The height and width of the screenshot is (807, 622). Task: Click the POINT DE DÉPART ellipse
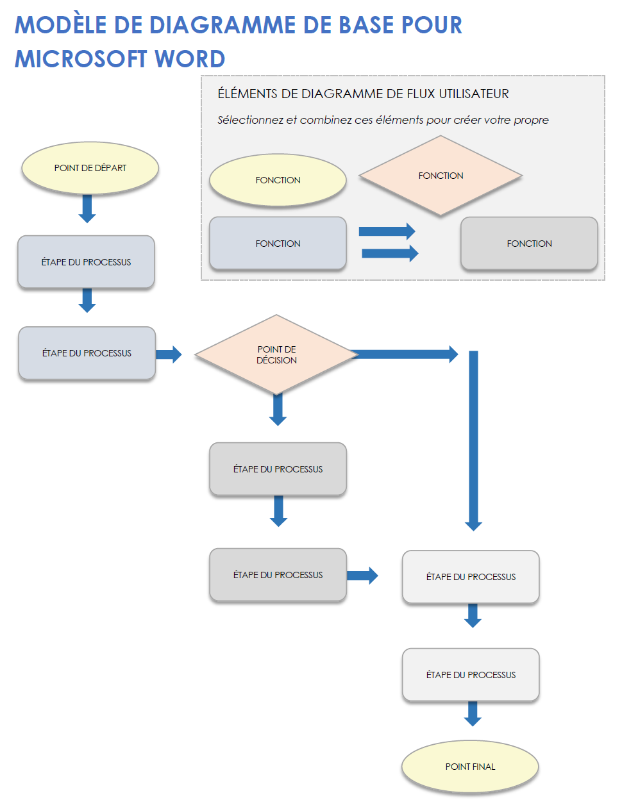pyautogui.click(x=90, y=168)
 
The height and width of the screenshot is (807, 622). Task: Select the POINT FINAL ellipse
pyautogui.click(x=470, y=767)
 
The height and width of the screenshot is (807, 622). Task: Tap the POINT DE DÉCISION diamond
pyautogui.click(x=276, y=354)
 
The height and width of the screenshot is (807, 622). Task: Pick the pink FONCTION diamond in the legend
pyautogui.click(x=441, y=176)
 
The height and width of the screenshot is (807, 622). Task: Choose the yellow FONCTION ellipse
pyautogui.click(x=278, y=180)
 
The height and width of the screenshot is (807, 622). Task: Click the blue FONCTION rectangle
pyautogui.click(x=278, y=244)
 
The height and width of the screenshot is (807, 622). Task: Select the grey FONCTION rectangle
pyautogui.click(x=529, y=244)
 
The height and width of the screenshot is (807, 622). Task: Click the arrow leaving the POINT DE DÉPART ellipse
pyautogui.click(x=87, y=208)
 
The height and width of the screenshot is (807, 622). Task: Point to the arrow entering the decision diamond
pyautogui.click(x=169, y=354)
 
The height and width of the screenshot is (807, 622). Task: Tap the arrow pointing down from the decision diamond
pyautogui.click(x=278, y=410)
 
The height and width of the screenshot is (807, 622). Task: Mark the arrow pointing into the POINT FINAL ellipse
pyautogui.click(x=473, y=713)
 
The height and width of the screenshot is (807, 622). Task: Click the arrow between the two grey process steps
pyautogui.click(x=278, y=511)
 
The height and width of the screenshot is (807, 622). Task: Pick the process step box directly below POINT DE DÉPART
pyautogui.click(x=86, y=262)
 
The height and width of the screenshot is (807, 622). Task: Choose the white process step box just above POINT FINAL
pyautogui.click(x=471, y=675)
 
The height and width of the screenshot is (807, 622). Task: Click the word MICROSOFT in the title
pyautogui.click(x=81, y=59)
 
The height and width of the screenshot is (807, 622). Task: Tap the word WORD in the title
pyautogui.click(x=190, y=59)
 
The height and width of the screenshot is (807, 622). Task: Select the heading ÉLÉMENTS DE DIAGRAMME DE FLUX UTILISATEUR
pyautogui.click(x=363, y=94)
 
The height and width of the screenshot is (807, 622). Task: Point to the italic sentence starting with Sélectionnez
pyautogui.click(x=383, y=120)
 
